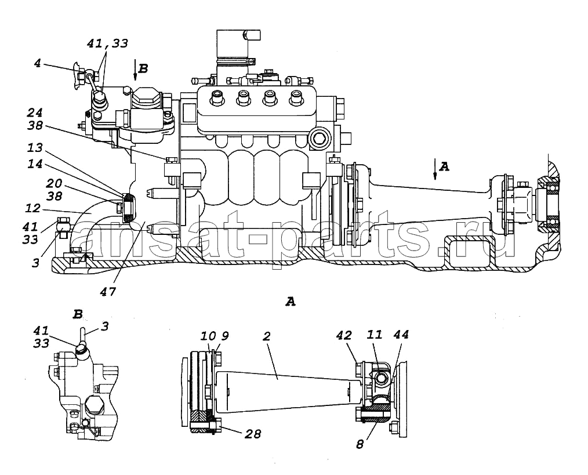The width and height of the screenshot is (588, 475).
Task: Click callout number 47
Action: click(x=108, y=292)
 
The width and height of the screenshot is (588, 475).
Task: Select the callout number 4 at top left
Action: click(x=37, y=63)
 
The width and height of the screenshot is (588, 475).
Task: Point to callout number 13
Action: click(x=35, y=148)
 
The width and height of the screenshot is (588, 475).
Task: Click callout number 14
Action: click(x=35, y=164)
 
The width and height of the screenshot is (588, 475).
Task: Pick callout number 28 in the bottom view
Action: click(x=252, y=434)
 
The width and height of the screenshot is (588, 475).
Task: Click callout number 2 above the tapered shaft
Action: click(x=266, y=336)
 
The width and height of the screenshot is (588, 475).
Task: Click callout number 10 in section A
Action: click(x=208, y=336)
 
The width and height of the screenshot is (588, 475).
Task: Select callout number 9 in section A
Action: click(x=224, y=336)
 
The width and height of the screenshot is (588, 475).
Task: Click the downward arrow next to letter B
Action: click(x=135, y=70)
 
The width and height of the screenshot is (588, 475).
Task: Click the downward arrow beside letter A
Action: click(x=435, y=169)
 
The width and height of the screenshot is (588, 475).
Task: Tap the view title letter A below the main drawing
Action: click(x=291, y=301)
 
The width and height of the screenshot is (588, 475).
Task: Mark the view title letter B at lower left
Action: click(x=78, y=314)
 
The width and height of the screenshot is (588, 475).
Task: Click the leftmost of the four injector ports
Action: click(x=217, y=98)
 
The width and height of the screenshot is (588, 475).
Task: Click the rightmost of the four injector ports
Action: click(x=296, y=98)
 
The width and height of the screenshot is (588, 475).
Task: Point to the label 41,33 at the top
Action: click(x=107, y=43)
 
